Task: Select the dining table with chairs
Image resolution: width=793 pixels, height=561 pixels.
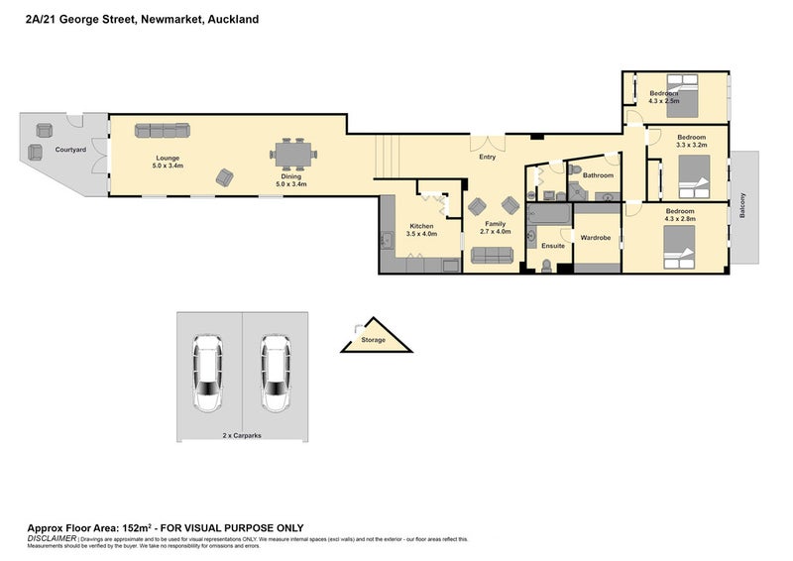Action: coord(293,154)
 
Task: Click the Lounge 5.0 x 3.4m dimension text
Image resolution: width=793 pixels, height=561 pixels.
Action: coord(166,167)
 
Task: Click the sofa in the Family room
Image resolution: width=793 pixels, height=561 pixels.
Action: coord(492,256)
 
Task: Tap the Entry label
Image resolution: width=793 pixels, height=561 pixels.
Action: coord(488,157)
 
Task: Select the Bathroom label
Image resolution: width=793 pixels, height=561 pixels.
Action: coord(598,175)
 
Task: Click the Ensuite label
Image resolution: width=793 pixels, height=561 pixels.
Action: coord(552,246)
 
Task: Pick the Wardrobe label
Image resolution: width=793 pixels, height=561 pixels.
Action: coord(595,238)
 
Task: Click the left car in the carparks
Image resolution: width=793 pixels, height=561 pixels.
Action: coord(208,374)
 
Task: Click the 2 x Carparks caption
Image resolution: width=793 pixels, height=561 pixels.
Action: coord(242,435)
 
